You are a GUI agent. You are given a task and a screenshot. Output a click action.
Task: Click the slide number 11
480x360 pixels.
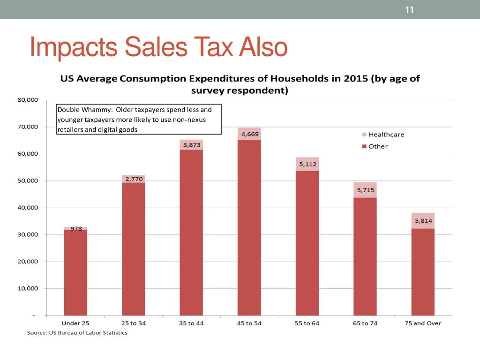coord(409,10)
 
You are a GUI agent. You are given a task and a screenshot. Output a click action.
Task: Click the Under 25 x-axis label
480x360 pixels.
coord(75,323)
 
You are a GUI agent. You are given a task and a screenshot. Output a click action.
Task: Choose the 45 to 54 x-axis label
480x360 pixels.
coord(249,323)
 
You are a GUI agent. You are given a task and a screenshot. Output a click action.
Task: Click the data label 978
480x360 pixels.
coord(76,229)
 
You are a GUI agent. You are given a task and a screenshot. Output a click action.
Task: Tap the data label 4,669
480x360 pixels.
coord(249,134)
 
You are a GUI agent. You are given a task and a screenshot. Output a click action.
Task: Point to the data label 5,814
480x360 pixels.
coord(423,221)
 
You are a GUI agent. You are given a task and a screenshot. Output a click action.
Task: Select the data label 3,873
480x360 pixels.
coord(191,145)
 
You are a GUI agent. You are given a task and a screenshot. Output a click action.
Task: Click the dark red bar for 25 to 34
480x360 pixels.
coord(134,248)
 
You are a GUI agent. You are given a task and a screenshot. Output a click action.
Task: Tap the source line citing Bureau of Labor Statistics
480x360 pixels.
coord(76,333)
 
